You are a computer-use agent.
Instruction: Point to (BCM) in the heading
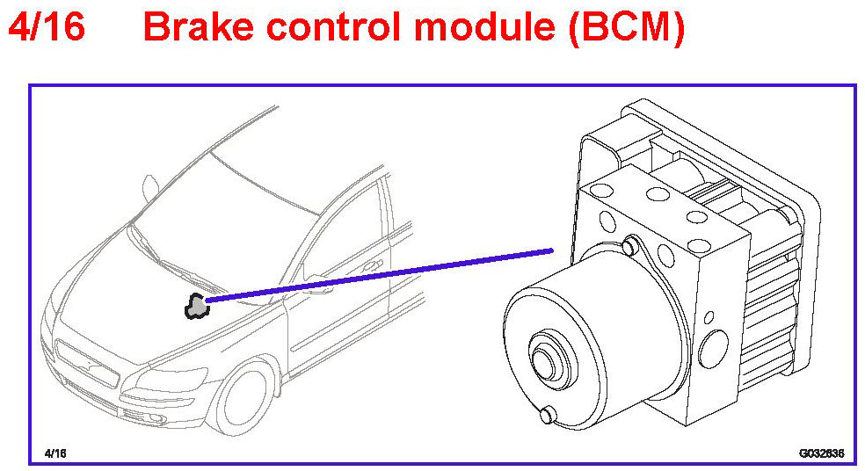click(x=626, y=28)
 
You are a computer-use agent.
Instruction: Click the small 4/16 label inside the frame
click(x=55, y=453)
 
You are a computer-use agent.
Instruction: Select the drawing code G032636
click(x=821, y=453)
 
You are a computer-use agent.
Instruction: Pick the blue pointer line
click(x=378, y=277)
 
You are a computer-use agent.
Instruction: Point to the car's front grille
click(x=87, y=361)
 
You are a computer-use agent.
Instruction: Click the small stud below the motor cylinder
click(x=549, y=414)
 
